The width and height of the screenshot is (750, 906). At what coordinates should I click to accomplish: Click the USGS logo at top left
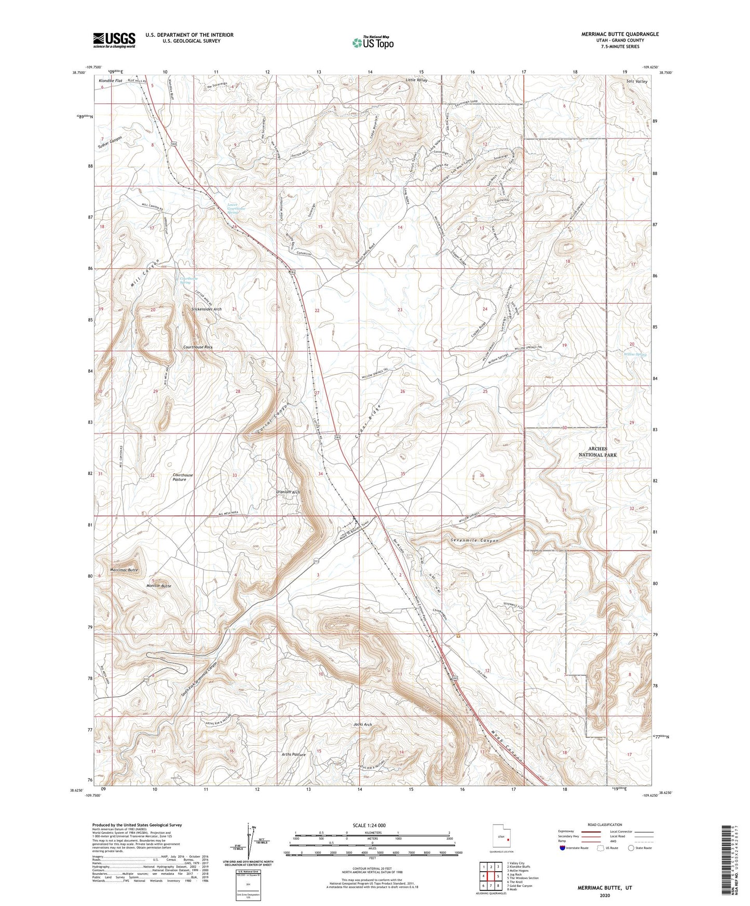point(114,39)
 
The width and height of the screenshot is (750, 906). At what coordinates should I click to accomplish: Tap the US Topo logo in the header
point(372,43)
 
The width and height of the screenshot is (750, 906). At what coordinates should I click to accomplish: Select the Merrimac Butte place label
point(124,570)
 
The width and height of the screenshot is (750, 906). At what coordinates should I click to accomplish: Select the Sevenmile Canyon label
point(472,541)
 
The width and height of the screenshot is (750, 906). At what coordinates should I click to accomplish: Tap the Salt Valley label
point(637,81)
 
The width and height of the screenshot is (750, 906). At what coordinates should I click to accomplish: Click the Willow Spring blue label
point(635,355)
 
